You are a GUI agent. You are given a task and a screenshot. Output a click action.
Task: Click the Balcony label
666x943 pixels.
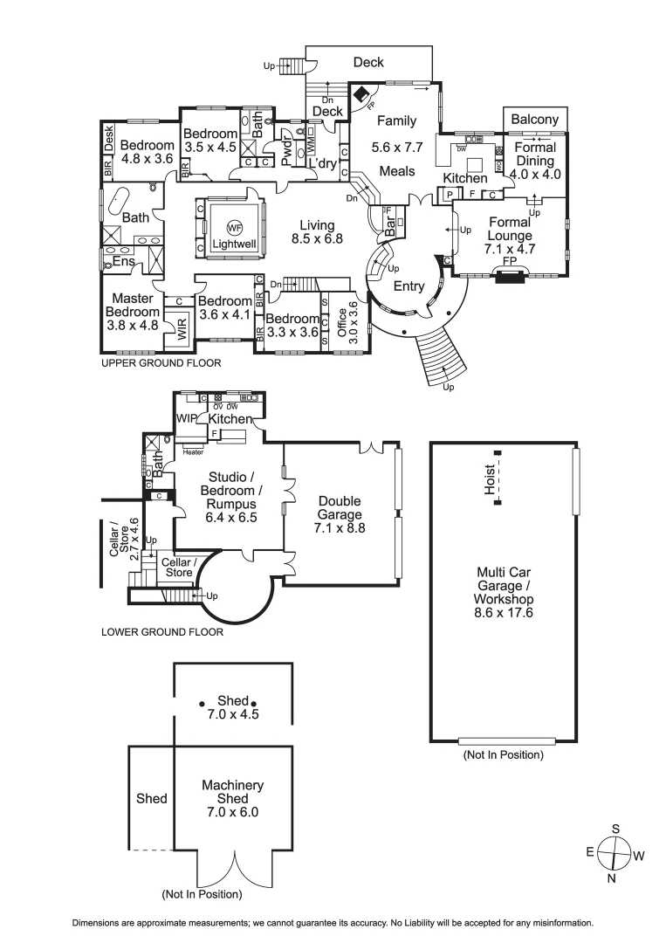coord(535,119)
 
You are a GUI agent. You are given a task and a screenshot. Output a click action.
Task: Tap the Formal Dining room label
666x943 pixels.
coord(535,161)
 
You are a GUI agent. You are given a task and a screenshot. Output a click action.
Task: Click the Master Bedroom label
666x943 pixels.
coord(133,312)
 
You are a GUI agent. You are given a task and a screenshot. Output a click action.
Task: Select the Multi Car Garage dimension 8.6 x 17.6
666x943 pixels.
coord(499,613)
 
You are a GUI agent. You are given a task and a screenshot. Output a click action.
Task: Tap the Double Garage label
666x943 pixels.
coord(340,514)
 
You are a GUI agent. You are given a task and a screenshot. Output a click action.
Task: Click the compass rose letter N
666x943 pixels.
coord(611,877)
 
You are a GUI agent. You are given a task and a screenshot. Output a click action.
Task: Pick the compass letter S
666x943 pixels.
coord(615,829)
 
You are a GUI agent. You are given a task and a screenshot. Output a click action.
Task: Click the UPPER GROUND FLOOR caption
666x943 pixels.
coord(161,362)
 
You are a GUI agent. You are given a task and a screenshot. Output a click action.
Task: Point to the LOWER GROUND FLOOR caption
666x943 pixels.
coord(161,631)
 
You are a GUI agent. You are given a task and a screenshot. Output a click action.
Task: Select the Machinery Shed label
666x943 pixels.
coord(232,792)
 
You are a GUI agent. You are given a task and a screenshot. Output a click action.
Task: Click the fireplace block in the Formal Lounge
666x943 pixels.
coord(507,277)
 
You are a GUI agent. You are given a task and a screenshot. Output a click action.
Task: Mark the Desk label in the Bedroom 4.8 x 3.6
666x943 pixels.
coord(109,138)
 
